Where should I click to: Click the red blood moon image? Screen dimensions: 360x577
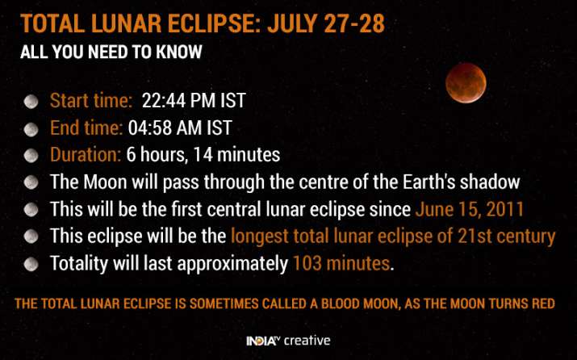coord(466,83)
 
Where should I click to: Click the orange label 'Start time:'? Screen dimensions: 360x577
coord(91,102)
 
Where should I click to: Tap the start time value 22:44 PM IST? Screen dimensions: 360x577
coord(194,102)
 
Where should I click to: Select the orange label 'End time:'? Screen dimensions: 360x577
coord(86,128)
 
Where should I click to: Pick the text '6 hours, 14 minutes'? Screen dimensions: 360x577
coord(203,154)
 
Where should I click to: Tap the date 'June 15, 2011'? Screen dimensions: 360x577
coord(470,210)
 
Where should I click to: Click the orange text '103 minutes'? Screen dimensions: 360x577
coord(341,263)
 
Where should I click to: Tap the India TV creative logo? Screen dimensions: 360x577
coord(288,341)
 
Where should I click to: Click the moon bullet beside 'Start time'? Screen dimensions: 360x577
coord(31,102)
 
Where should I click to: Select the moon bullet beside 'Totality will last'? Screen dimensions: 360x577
coord(31,263)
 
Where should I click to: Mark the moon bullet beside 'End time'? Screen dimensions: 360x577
coord(31,128)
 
